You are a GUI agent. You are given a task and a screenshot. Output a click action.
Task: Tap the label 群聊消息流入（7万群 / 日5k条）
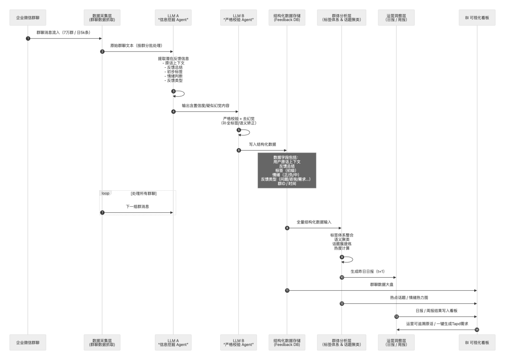[x=65, y=33]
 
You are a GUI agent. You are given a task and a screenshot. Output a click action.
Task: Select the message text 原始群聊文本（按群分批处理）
[x=137, y=46]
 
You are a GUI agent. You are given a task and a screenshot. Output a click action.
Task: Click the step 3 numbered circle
[x=173, y=91]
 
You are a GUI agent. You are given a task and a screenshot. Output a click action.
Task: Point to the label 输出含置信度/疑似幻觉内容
[x=206, y=106]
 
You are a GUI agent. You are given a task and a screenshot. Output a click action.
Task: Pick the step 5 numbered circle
[x=238, y=130]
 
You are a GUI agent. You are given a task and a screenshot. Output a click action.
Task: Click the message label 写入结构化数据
[x=263, y=145]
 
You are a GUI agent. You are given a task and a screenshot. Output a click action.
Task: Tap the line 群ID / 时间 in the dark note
[x=287, y=184]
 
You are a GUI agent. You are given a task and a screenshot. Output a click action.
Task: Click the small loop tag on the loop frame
[x=105, y=193]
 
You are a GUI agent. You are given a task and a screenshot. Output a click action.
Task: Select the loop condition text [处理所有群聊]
[x=144, y=193]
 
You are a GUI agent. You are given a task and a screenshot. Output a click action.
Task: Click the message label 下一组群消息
[x=137, y=207]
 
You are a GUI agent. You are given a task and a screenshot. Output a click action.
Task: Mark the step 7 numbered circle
[x=102, y=213]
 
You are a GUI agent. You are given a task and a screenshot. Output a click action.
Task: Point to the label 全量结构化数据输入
[x=314, y=222]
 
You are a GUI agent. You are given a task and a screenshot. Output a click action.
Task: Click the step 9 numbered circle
[x=342, y=257]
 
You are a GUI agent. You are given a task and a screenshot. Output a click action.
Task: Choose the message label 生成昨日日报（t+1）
[x=369, y=272]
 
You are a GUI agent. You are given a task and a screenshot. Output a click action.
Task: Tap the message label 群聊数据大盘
[x=382, y=284]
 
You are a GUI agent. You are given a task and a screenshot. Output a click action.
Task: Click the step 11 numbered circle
[x=287, y=290]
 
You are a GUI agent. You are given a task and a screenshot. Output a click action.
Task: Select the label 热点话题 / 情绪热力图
[x=409, y=297]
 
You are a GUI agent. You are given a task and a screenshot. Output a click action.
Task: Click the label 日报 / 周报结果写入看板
[x=437, y=310]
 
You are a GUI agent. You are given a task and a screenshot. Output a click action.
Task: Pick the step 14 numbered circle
[x=476, y=330]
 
